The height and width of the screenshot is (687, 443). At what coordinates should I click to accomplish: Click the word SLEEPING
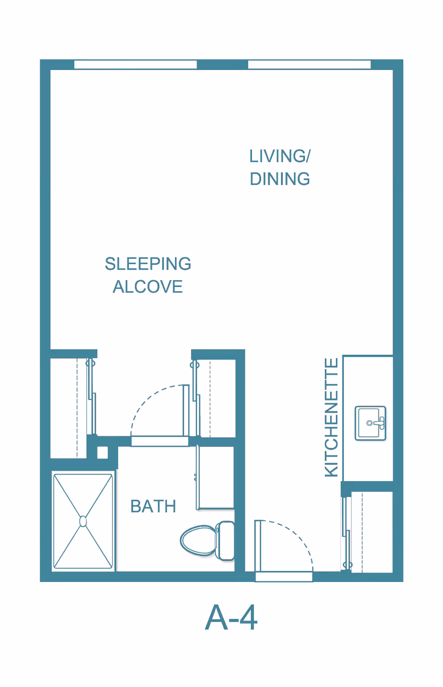click(x=148, y=264)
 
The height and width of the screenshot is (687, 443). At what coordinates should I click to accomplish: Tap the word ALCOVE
click(x=148, y=287)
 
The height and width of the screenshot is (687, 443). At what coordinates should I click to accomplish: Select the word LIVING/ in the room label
click(x=280, y=156)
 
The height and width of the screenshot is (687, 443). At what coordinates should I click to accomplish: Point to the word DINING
click(x=280, y=179)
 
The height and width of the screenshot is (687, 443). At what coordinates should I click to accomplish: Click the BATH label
click(x=153, y=506)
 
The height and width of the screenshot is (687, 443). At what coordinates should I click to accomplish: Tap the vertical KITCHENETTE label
click(x=331, y=417)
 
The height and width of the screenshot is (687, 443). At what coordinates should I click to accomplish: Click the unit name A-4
click(x=231, y=618)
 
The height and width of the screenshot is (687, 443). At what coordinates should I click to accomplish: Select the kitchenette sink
click(x=370, y=423)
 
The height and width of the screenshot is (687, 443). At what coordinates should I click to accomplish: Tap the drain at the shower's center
click(x=83, y=521)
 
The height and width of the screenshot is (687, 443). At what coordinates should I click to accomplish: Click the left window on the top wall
click(x=135, y=65)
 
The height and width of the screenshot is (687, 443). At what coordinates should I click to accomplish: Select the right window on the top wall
click(x=309, y=65)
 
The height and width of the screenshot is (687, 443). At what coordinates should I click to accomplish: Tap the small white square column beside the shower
click(x=102, y=452)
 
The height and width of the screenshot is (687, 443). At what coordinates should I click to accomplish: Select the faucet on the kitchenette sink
click(x=379, y=423)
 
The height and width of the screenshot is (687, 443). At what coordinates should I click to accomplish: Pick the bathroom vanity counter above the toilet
click(x=216, y=477)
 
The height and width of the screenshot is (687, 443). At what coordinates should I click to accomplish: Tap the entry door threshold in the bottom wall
click(x=284, y=576)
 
